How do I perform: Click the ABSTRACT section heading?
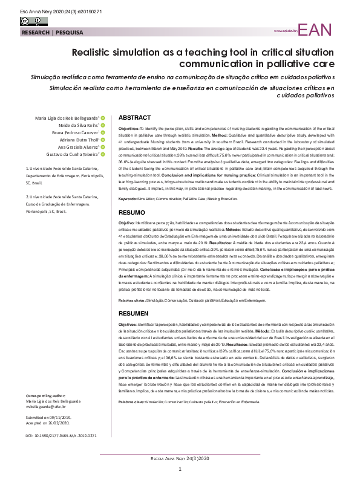(134, 117)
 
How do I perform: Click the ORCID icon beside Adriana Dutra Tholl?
(103, 140)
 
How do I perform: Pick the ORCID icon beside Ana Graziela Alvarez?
(103, 148)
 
